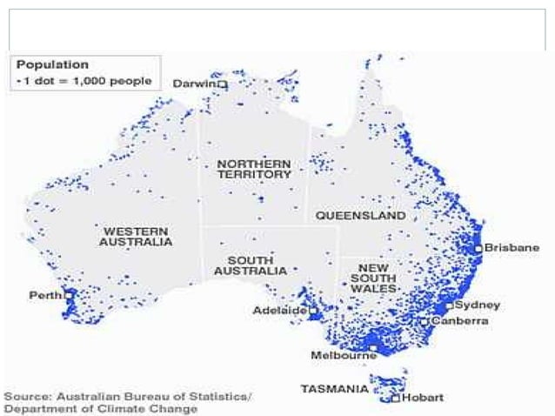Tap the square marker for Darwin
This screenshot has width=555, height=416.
tap(222, 84)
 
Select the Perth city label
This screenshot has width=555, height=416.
tap(44, 295)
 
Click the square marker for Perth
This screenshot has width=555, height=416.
tap(68, 295)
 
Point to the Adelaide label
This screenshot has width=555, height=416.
tap(278, 310)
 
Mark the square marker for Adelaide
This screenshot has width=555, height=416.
tap(311, 310)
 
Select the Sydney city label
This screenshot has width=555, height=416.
tap(478, 305)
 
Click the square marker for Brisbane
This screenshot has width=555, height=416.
tap(478, 248)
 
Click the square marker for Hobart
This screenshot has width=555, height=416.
tap(395, 398)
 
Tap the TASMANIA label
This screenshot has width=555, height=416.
tap(334, 388)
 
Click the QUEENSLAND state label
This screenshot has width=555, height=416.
tap(360, 214)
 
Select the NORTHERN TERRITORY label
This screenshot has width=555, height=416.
tap(254, 169)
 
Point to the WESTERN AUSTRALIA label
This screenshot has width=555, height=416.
tap(137, 237)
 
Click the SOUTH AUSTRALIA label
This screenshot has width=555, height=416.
tap(256, 265)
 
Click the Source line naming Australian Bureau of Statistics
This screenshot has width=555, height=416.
tap(128, 397)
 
